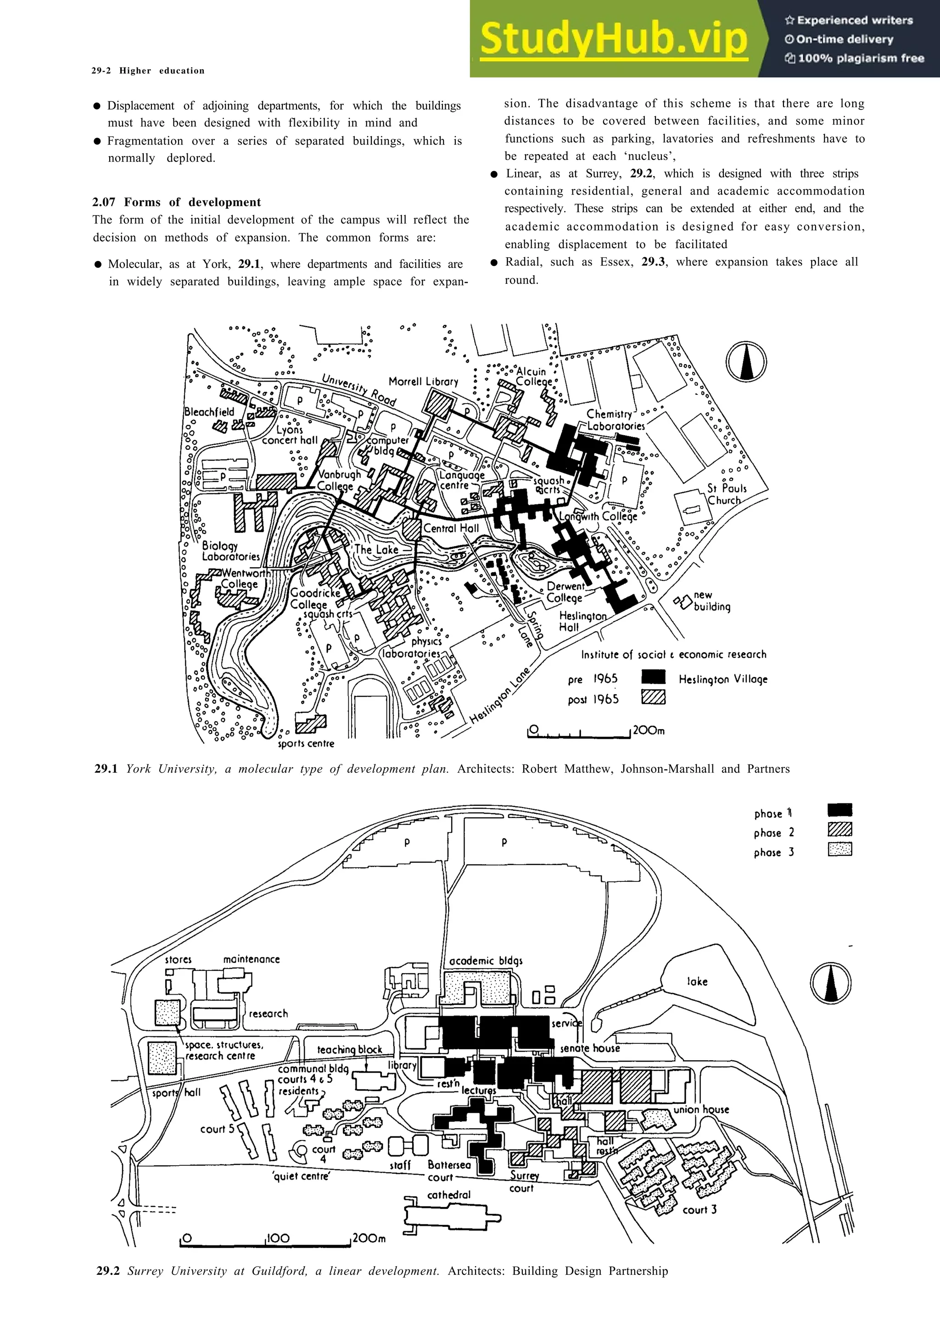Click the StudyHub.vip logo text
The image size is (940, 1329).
pyautogui.click(x=614, y=39)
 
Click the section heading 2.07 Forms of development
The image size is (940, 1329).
pyautogui.click(x=176, y=202)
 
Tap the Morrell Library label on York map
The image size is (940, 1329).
pyautogui.click(x=423, y=382)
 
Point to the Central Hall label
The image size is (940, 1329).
pyautogui.click(x=451, y=528)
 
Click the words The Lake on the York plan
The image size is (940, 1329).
pyautogui.click(x=376, y=549)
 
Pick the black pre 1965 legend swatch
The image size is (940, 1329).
pyautogui.click(x=653, y=677)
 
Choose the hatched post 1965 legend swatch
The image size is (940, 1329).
pyautogui.click(x=653, y=698)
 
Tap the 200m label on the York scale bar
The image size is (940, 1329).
pyautogui.click(x=649, y=730)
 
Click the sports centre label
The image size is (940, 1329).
pyautogui.click(x=306, y=743)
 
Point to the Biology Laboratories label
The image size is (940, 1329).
pyautogui.click(x=230, y=551)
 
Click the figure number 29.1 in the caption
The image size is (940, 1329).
pyautogui.click(x=106, y=769)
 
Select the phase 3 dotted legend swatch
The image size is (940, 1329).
pyautogui.click(x=840, y=849)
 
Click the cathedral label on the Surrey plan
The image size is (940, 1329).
pyautogui.click(x=449, y=1194)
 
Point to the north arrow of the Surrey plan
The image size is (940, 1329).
pyautogui.click(x=831, y=983)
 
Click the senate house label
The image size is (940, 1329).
pyautogui.click(x=590, y=1048)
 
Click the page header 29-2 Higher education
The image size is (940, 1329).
pyautogui.click(x=148, y=71)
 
